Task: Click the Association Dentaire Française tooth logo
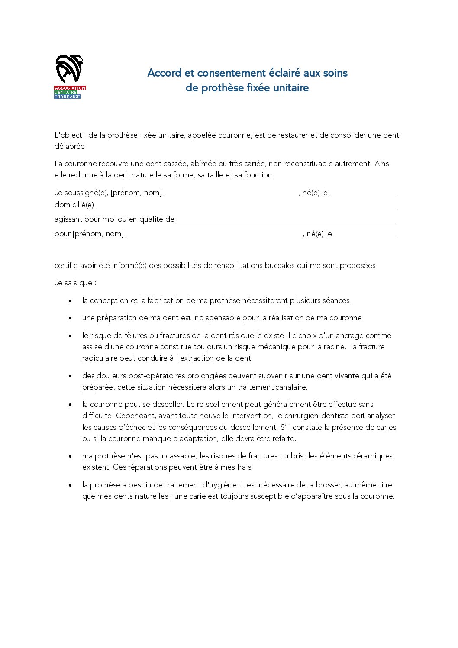tap(69, 68)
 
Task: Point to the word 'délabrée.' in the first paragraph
tap(71, 146)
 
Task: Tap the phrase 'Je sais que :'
tap(75, 283)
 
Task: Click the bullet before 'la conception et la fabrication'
tap(70, 301)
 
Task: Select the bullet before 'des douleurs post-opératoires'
tap(70, 376)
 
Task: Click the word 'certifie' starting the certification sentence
tap(66, 265)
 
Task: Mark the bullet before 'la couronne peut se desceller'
tap(70, 405)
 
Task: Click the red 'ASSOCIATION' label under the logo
tap(70, 88)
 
